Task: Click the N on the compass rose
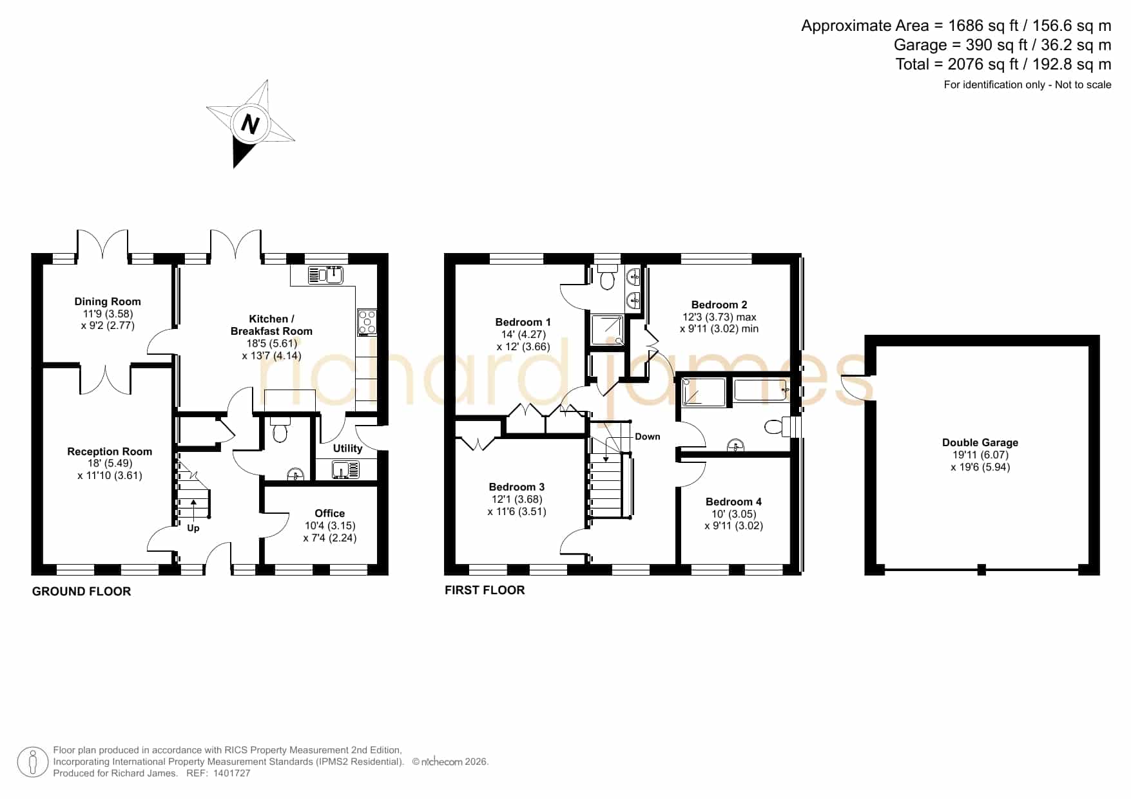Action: (250, 123)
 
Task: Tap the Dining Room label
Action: (108, 301)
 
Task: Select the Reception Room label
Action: (110, 451)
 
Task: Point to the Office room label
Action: (329, 513)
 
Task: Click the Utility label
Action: (347, 448)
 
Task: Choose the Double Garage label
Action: (980, 442)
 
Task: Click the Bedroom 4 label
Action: (733, 502)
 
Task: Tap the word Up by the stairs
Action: (193, 528)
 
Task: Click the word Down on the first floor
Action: (648, 437)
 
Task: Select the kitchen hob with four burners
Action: (367, 322)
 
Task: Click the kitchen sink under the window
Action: (326, 275)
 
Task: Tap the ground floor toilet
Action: (280, 429)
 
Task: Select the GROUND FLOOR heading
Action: (81, 591)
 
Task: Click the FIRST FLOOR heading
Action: (485, 590)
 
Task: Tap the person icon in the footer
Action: (33, 762)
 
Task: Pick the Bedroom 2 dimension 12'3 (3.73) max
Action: (719, 317)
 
